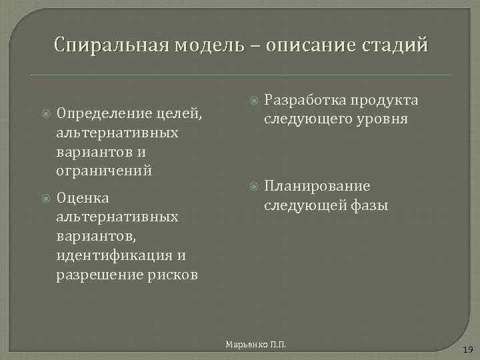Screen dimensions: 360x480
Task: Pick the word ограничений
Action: pos(104,171)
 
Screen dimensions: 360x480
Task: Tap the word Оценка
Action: pos(83,198)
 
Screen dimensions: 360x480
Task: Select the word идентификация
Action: pos(115,255)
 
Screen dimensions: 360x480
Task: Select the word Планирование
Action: pos(317,186)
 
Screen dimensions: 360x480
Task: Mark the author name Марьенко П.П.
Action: pos(255,345)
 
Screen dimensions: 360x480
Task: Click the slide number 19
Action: pos(467,349)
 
